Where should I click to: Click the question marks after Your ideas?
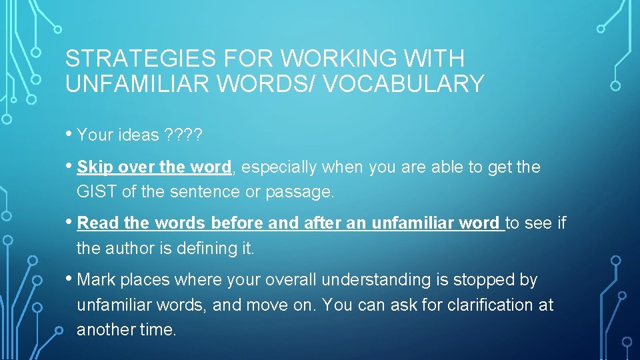tap(181, 135)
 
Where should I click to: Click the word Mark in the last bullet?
tap(95, 280)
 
